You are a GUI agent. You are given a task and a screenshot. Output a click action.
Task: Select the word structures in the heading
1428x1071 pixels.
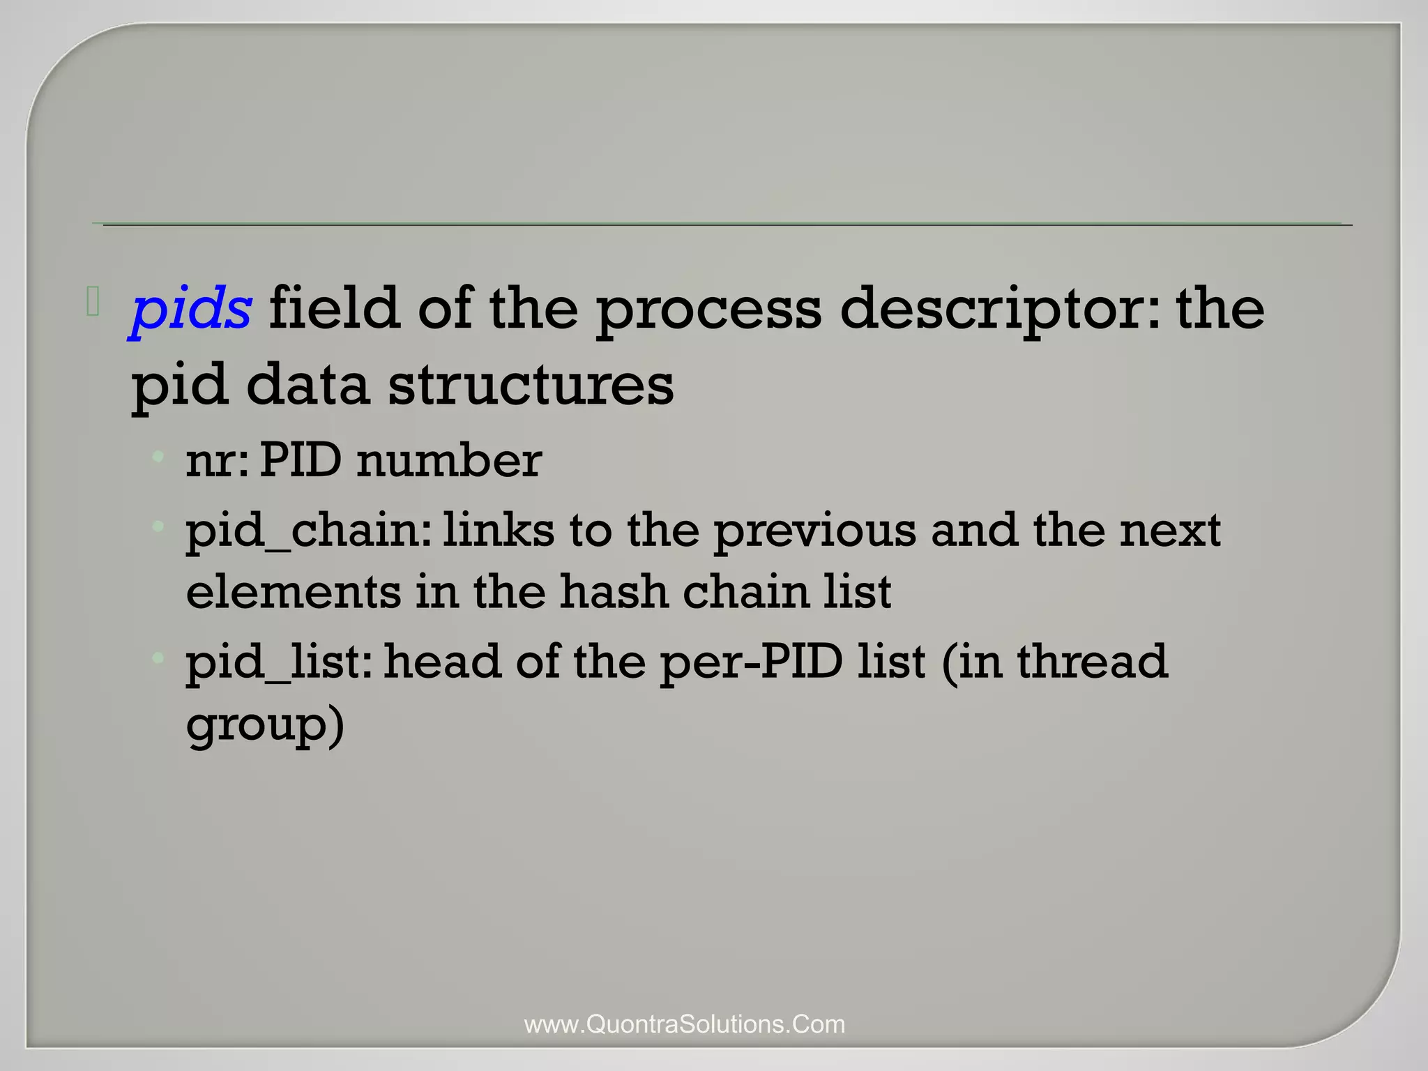(x=531, y=385)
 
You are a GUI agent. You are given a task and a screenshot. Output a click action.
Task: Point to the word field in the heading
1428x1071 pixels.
(x=334, y=308)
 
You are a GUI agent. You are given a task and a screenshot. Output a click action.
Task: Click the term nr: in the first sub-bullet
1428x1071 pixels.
(x=217, y=462)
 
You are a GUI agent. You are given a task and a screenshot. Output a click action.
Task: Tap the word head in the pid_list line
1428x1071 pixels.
(x=442, y=662)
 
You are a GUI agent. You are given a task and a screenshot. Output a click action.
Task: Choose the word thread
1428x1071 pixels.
(x=1092, y=662)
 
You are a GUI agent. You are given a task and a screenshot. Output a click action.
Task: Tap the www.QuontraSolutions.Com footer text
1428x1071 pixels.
(x=684, y=1024)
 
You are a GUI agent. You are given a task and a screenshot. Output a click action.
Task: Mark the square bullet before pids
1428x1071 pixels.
(x=93, y=302)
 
